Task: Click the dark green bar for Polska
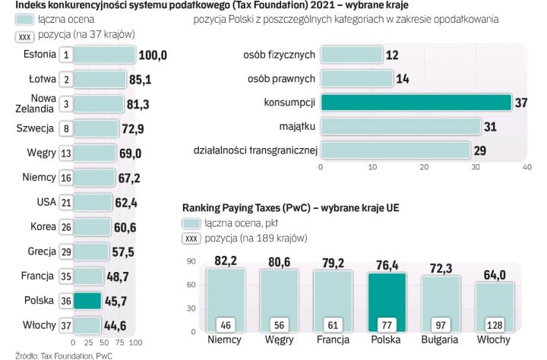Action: tap(88, 300)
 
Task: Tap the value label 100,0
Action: tap(153, 55)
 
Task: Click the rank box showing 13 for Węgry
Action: tap(67, 153)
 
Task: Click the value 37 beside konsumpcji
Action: tap(521, 102)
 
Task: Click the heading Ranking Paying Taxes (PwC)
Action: tap(250, 206)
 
